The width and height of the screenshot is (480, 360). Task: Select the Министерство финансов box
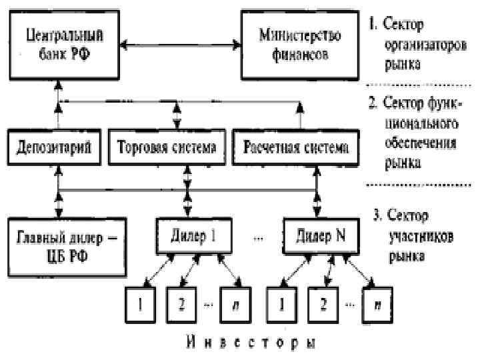pos(290,45)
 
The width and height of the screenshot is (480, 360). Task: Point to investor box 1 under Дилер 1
pos(141,304)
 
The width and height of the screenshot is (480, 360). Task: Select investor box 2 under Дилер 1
pos(180,304)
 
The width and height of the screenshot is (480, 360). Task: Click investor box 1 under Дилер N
pos(281,304)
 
